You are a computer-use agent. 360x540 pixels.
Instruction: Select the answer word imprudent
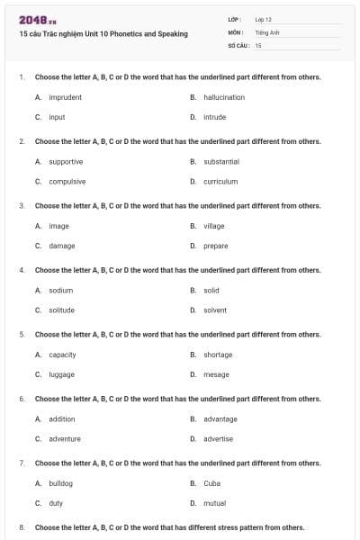(65, 97)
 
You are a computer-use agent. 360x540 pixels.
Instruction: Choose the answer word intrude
(214, 117)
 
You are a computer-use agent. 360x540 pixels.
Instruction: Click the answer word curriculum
(220, 181)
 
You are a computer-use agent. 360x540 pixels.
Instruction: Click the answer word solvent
(215, 310)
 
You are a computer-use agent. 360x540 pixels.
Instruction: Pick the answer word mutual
(214, 503)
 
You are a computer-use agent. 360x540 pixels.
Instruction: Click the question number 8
(21, 527)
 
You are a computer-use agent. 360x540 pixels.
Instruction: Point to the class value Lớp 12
(263, 19)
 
